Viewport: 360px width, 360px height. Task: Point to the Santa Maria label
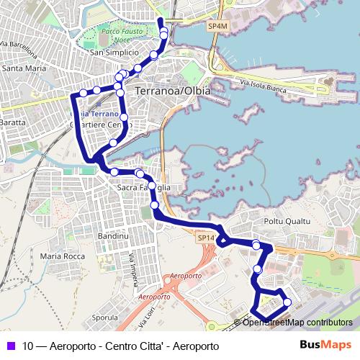(x=22, y=69)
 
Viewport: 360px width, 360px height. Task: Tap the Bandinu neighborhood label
(x=112, y=235)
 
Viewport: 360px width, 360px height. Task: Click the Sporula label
(x=105, y=317)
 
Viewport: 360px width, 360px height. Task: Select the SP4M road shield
(x=217, y=26)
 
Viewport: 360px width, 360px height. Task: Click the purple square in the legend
(x=10, y=344)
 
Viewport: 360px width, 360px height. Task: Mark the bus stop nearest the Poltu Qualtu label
(x=256, y=246)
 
